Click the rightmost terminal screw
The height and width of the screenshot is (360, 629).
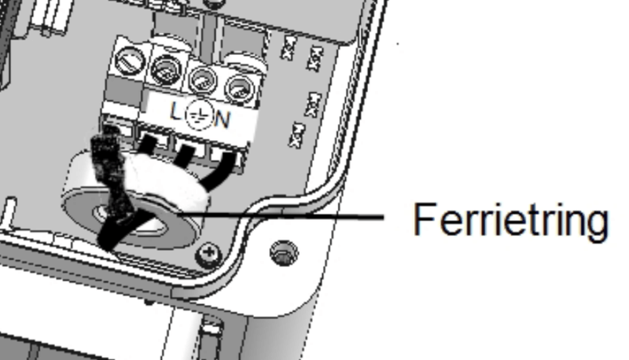pos(236,88)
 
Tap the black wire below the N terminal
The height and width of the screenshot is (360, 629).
pos(229,161)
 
